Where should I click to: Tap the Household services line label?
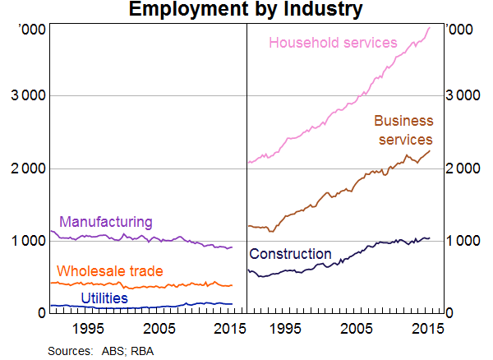(333, 43)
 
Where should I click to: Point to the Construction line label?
(290, 254)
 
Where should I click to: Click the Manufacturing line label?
(106, 222)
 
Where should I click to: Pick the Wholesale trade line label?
(109, 271)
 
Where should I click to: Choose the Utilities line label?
(104, 298)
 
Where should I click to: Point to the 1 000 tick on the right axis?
(465, 241)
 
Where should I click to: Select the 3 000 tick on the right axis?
(465, 96)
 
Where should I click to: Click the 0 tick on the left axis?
(39, 313)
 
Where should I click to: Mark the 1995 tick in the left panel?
(87, 328)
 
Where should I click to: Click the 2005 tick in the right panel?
(357, 328)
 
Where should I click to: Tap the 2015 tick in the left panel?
(228, 328)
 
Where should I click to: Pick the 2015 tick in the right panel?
(426, 328)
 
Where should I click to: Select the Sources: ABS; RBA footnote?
(101, 351)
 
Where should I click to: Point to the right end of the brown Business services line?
(430, 150)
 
